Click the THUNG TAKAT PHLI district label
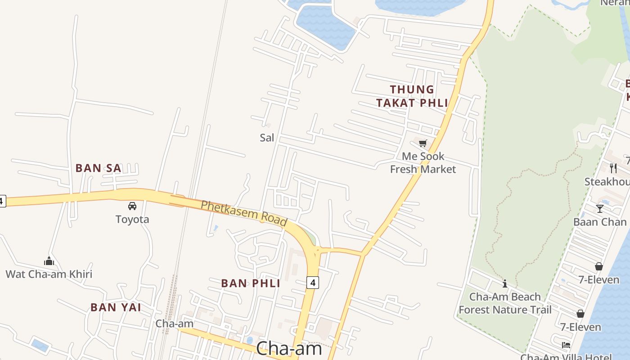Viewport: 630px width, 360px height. click(x=412, y=96)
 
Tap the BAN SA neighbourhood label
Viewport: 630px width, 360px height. click(x=98, y=168)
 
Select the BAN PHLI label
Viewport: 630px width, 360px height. click(x=251, y=283)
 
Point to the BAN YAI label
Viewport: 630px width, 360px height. click(x=116, y=308)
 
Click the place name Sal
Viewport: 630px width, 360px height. click(x=267, y=138)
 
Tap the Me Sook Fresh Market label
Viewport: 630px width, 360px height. click(x=423, y=163)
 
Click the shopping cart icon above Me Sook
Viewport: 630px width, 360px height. click(x=423, y=144)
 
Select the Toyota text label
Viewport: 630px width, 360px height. click(x=132, y=220)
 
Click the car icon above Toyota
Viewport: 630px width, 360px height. click(x=132, y=206)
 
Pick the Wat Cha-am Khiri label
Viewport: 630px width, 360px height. click(x=49, y=274)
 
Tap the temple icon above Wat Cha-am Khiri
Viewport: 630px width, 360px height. click(x=49, y=261)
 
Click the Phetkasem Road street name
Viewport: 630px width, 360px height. click(x=244, y=213)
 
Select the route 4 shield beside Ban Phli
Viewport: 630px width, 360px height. click(x=313, y=283)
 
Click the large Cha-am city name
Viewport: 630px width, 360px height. click(x=289, y=349)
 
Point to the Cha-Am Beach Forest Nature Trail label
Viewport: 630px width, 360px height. click(x=505, y=303)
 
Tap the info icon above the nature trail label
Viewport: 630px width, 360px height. click(x=505, y=283)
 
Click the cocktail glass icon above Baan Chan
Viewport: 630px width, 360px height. click(x=600, y=208)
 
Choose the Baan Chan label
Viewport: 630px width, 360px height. click(x=600, y=222)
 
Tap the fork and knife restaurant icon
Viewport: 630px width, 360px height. click(x=613, y=168)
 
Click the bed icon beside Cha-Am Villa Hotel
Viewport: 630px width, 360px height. click(x=566, y=345)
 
